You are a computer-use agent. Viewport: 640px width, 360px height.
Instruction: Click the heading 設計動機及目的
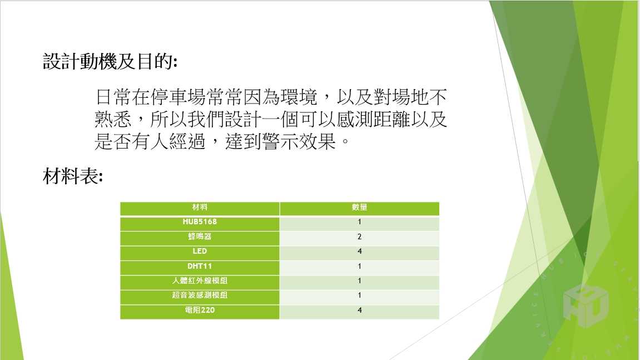point(110,61)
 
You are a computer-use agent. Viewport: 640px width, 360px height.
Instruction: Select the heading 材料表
point(73,176)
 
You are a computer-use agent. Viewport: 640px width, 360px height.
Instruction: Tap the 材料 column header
point(200,207)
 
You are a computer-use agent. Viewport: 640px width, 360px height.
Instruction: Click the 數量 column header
point(359,207)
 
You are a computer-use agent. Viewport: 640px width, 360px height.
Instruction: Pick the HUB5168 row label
point(200,222)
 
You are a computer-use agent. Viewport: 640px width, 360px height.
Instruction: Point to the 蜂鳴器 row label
point(200,236)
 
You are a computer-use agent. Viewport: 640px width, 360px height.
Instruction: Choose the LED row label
point(200,251)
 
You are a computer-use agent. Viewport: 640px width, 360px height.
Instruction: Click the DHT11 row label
point(200,266)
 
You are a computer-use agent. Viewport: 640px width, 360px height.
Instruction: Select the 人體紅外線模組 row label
point(200,281)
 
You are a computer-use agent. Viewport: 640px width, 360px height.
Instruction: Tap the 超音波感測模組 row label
point(200,295)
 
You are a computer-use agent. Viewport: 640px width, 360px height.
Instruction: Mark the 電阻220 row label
point(200,310)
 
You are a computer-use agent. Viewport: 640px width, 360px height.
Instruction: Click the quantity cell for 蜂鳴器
point(359,236)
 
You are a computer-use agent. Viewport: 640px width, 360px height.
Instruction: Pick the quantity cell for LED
point(359,251)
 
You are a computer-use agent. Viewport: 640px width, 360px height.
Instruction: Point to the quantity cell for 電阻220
point(359,310)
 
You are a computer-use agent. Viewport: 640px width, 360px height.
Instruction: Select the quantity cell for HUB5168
point(359,222)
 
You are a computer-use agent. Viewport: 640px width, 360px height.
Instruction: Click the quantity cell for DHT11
point(359,266)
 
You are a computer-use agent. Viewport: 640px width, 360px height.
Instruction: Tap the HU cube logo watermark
point(586,304)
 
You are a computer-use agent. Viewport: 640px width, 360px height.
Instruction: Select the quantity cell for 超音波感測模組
point(359,295)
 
